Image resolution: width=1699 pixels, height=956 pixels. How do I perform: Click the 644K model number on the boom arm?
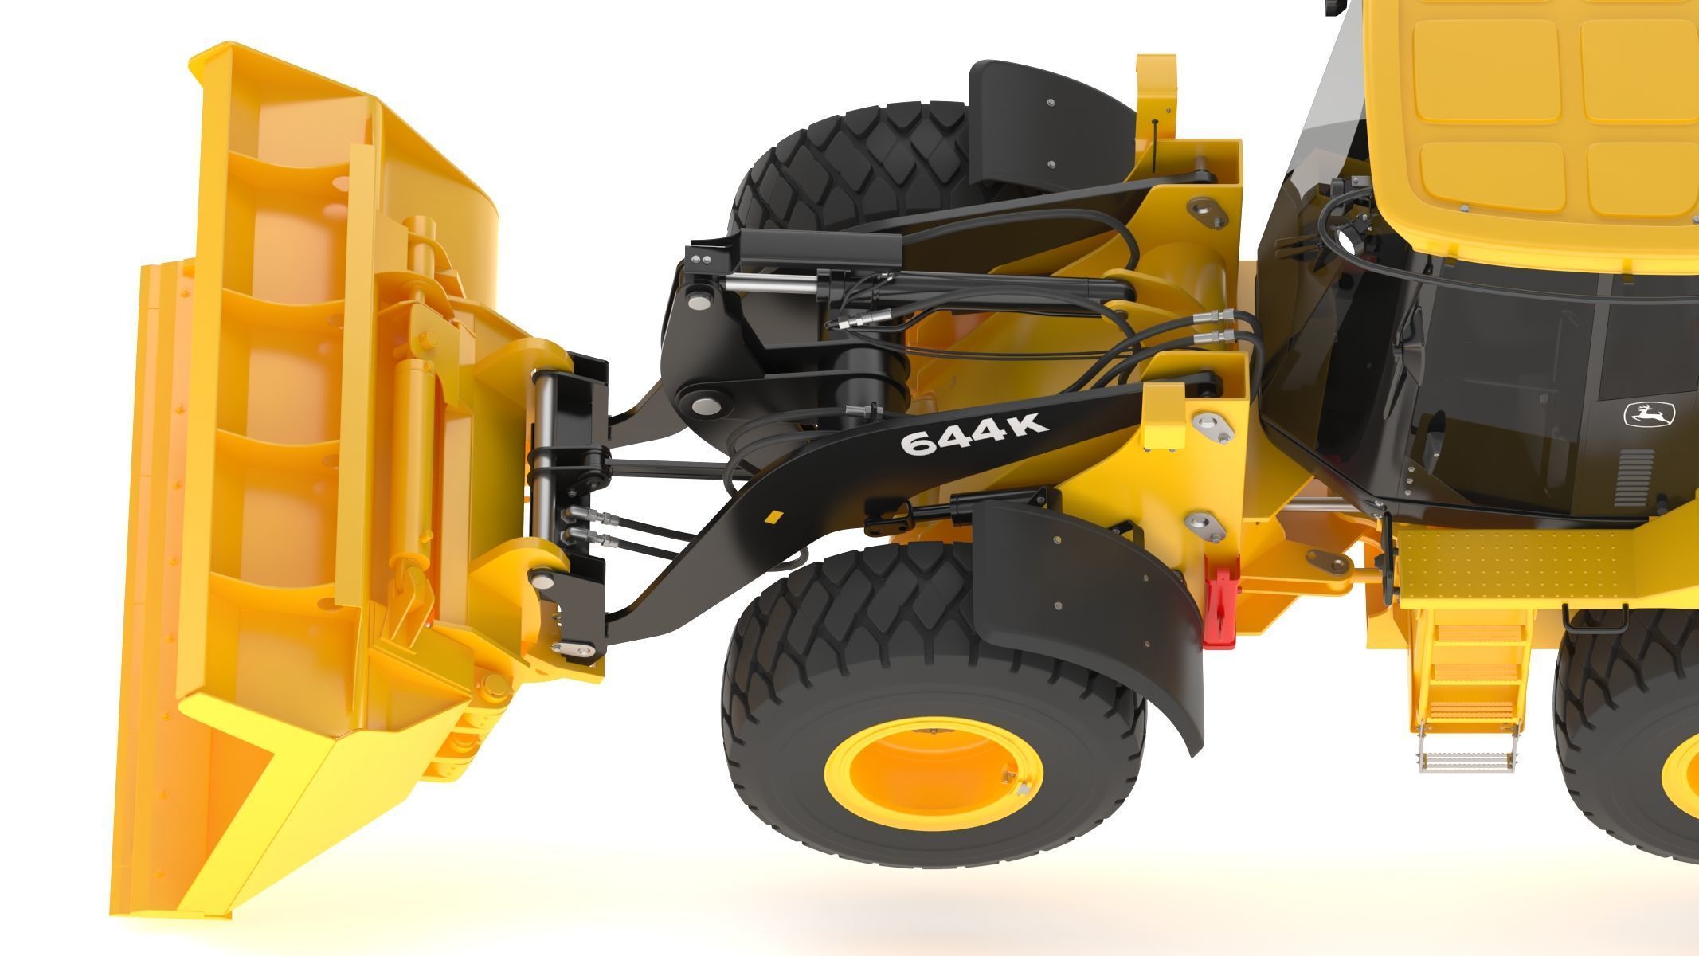(973, 434)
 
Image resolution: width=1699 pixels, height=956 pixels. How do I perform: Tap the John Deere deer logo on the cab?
(1650, 415)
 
